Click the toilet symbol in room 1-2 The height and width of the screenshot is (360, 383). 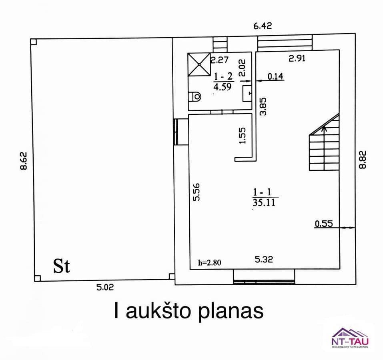(x=195, y=97)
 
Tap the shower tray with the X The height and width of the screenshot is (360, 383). (x=199, y=64)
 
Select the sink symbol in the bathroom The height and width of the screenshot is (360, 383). (x=247, y=94)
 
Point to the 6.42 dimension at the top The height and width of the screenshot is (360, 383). (x=263, y=26)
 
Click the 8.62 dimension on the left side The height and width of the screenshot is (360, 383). (x=23, y=161)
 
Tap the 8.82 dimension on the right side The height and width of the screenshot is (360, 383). (x=363, y=160)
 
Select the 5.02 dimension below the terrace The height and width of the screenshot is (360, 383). (x=105, y=287)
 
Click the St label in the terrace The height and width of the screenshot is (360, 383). (x=62, y=266)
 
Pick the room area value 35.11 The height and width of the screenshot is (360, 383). (x=264, y=202)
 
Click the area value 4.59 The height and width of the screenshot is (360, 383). (x=222, y=87)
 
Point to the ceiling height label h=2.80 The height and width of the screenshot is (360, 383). (x=210, y=262)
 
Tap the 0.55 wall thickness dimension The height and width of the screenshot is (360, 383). (x=324, y=224)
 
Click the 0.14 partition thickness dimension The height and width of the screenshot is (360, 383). (x=275, y=76)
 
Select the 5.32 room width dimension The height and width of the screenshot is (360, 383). (x=264, y=259)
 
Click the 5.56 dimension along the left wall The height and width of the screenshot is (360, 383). (x=196, y=192)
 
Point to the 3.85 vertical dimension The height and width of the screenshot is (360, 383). (x=263, y=106)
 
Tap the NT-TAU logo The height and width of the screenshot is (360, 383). (x=350, y=338)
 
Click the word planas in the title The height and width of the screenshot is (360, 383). (x=231, y=311)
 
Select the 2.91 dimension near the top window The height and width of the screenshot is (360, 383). (x=297, y=58)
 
